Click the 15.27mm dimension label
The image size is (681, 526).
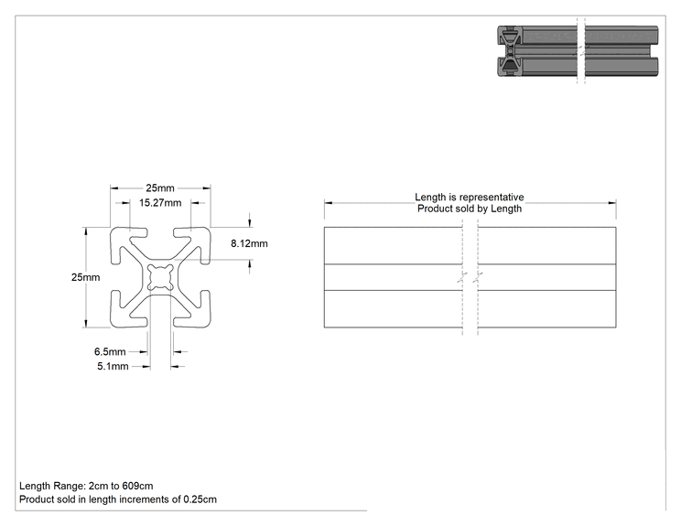[160, 203]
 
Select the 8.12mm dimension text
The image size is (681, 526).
[249, 243]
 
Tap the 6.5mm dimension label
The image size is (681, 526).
[110, 351]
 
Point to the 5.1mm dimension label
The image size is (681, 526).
[113, 366]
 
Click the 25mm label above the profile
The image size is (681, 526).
[160, 188]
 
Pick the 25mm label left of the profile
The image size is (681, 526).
[85, 277]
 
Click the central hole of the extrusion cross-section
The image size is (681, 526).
[160, 277]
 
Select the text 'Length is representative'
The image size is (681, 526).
[470, 197]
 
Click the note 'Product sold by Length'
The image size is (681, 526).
[470, 209]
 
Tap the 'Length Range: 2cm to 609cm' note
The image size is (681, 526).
[86, 486]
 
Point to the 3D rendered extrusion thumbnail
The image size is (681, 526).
[578, 51]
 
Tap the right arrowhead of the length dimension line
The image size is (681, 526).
[612, 203]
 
